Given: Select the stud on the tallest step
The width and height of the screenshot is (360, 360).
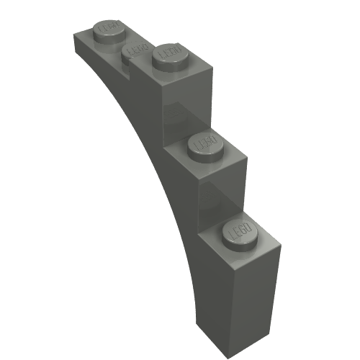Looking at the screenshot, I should [x=172, y=55].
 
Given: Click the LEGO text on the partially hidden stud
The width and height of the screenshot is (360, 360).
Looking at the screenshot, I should [x=132, y=50].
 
